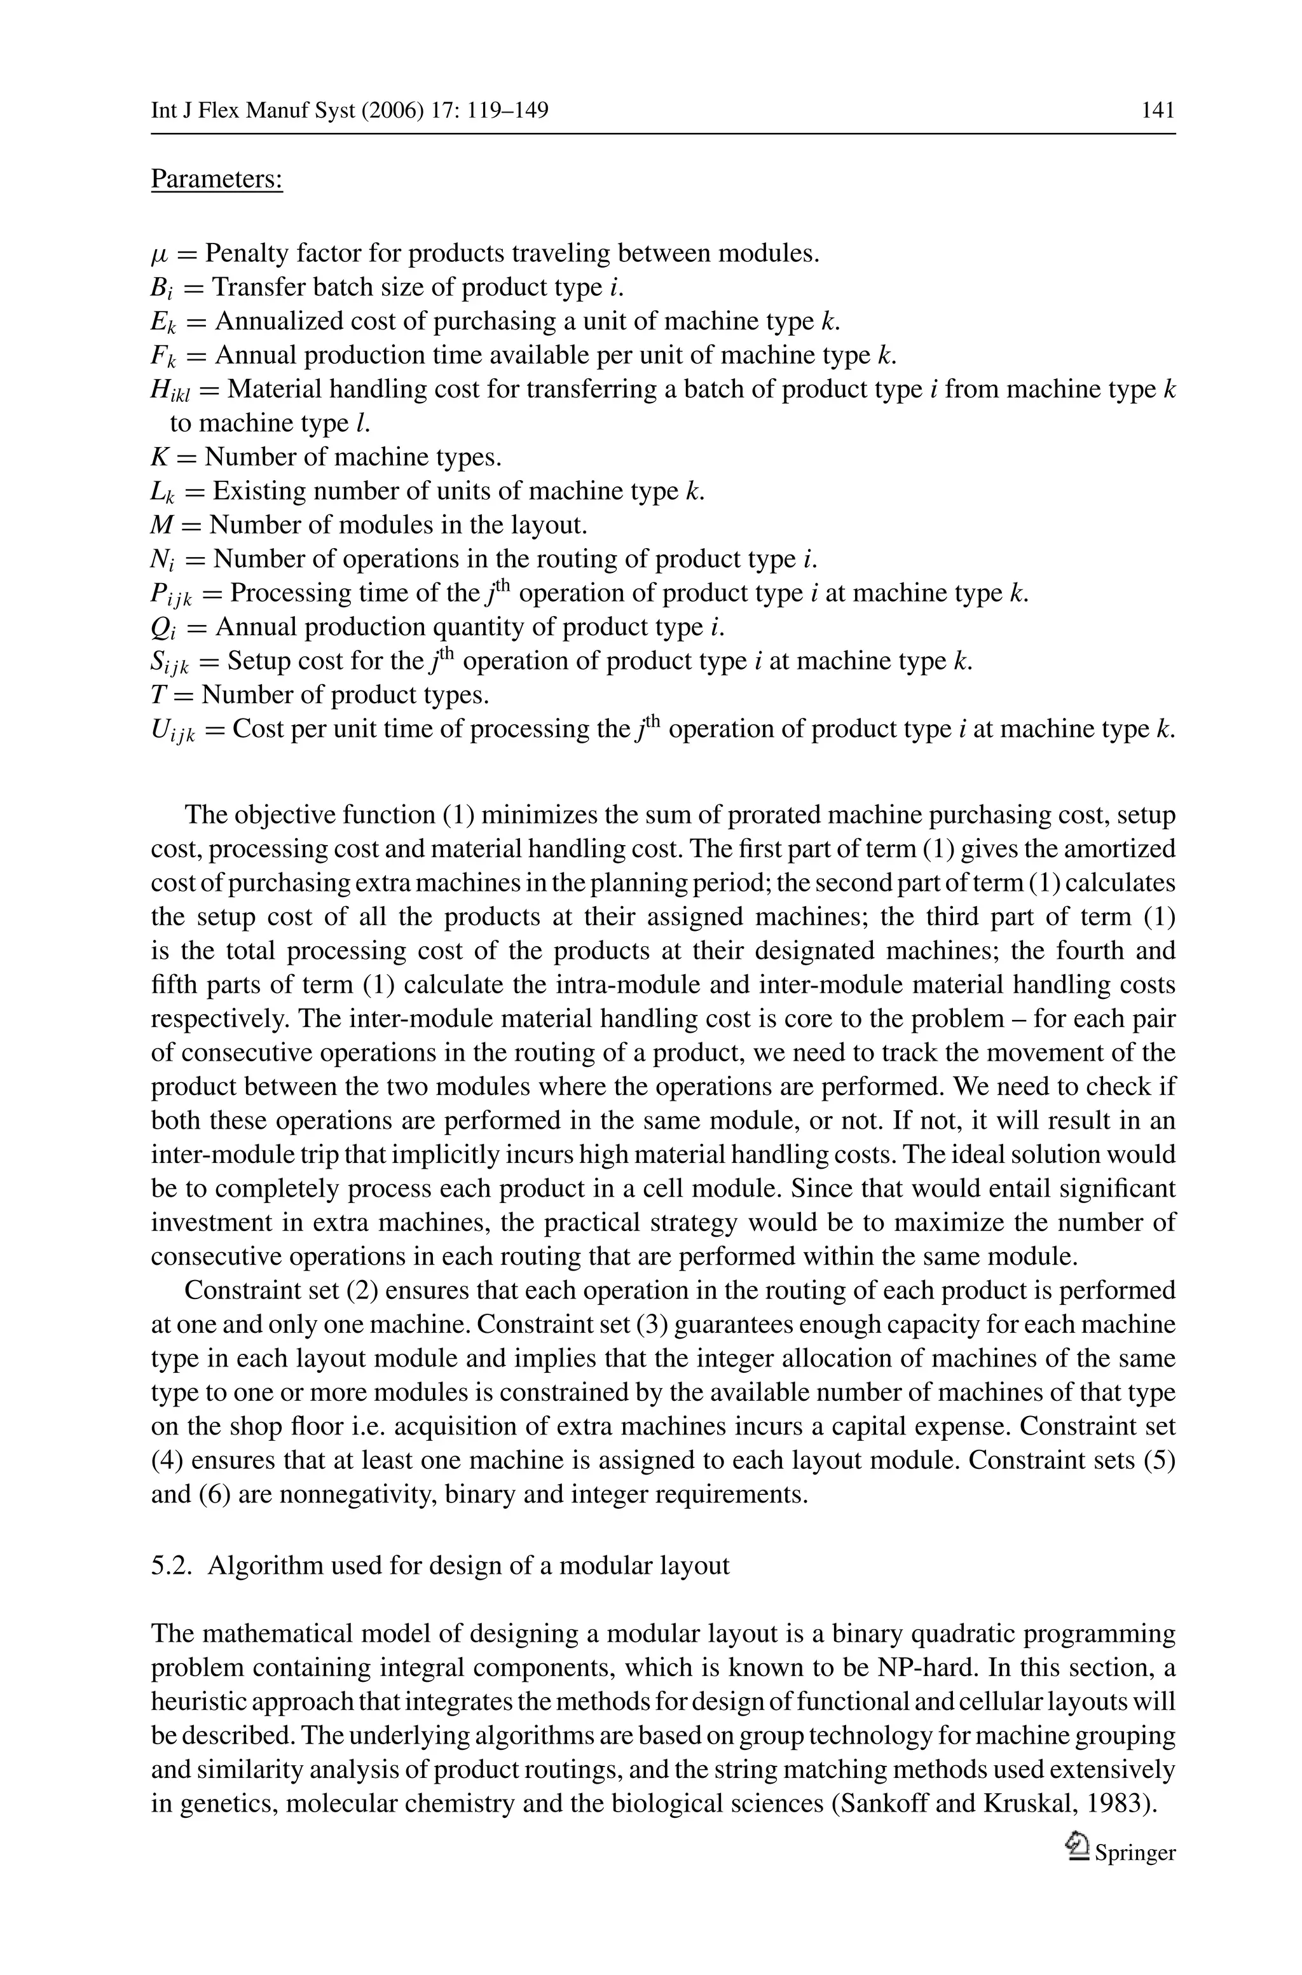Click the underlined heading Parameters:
point(217,179)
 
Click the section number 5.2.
point(172,1566)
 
